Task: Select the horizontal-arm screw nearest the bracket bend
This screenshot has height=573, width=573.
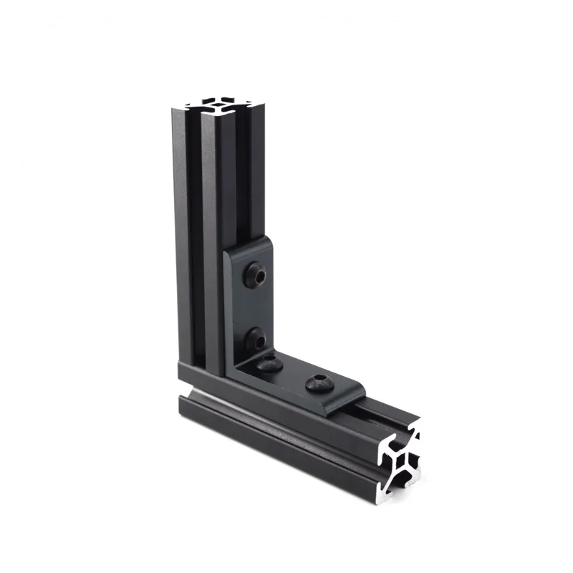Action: [271, 365]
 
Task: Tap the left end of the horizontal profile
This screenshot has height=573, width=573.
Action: [183, 401]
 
